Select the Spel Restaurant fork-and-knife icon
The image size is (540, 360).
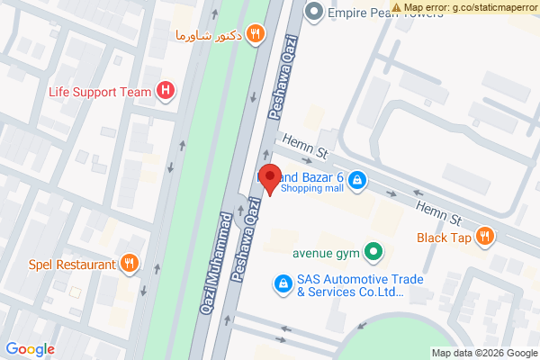(130, 264)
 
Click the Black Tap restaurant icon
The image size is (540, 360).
(486, 238)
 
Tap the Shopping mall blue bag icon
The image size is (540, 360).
(357, 181)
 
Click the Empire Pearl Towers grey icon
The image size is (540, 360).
(314, 12)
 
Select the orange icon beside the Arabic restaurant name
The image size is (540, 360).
(256, 34)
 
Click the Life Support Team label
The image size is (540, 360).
(99, 91)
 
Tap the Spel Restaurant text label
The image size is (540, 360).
(71, 264)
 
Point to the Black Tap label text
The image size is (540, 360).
(445, 238)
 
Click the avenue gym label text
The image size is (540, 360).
(325, 252)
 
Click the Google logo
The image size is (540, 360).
(30, 349)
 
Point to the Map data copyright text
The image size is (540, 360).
(483, 353)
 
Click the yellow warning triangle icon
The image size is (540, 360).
(397, 7)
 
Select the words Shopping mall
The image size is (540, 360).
(311, 189)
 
